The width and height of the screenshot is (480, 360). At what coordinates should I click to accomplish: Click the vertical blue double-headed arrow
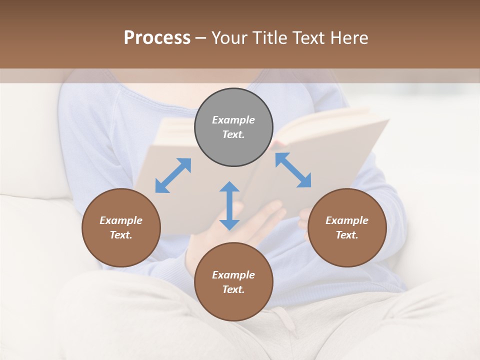pos(229,205)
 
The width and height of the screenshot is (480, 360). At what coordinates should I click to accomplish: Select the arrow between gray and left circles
pos(173,175)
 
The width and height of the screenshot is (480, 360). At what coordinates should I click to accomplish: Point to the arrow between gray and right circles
pos(293,170)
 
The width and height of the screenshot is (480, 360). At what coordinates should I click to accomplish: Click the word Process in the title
pos(157,38)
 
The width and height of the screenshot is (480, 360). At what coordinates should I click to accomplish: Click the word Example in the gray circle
pos(233,120)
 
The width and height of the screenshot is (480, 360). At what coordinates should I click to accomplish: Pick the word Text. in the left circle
pos(121,235)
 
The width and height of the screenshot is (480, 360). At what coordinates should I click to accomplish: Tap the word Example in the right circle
pos(347,220)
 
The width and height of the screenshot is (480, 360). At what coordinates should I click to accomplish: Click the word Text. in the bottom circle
pos(233,289)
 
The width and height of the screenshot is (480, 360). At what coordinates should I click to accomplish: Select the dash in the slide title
pos(200,38)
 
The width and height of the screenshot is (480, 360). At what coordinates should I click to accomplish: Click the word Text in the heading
pos(309,38)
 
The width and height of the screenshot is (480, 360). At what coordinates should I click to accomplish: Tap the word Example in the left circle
pos(121,220)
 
